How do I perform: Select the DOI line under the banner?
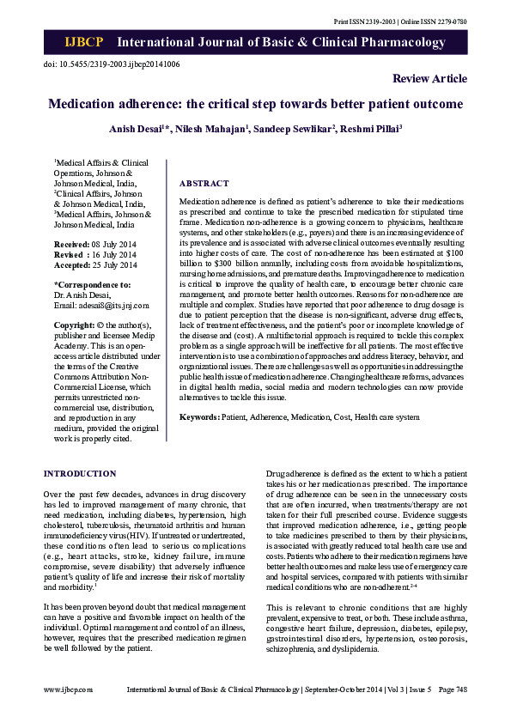pyautogui.click(x=111, y=64)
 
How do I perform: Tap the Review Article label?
pyautogui.click(x=429, y=79)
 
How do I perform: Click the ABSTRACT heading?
pyautogui.click(x=204, y=184)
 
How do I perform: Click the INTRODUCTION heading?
pyautogui.click(x=80, y=473)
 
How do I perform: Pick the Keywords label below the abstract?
pyautogui.click(x=199, y=416)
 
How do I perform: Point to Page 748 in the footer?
pyautogui.click(x=452, y=689)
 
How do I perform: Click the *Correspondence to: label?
pyautogui.click(x=93, y=285)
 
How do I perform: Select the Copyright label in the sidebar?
pyautogui.click(x=74, y=326)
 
